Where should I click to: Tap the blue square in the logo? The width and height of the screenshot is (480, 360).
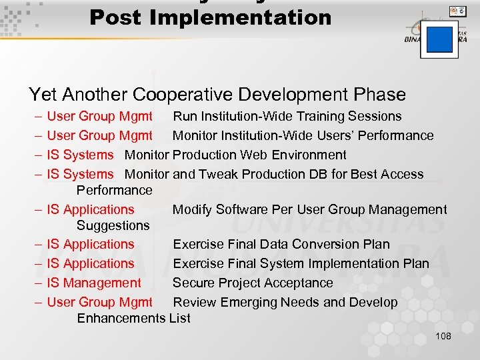click(x=439, y=39)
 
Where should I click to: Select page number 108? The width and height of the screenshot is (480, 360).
click(x=443, y=336)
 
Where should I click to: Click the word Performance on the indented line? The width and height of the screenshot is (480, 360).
click(x=114, y=190)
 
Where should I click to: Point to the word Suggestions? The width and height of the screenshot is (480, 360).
click(x=113, y=225)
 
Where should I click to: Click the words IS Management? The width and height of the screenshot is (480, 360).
click(x=94, y=283)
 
